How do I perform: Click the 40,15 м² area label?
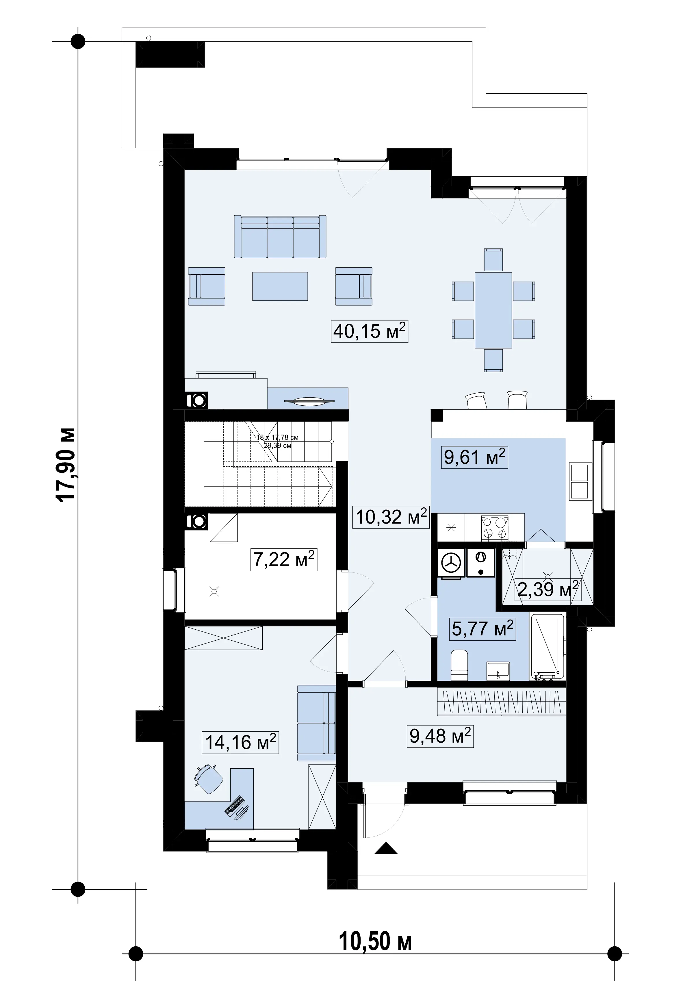point(370,331)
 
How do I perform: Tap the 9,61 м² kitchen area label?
point(475,457)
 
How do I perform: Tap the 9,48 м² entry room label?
point(440,736)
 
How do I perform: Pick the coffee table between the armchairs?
point(280,286)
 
